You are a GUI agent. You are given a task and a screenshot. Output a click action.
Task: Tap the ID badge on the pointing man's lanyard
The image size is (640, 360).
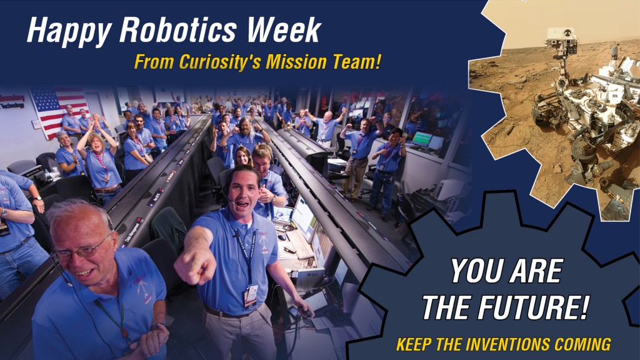coord(251,294)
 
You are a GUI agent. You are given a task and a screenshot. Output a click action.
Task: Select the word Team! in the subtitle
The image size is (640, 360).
coord(357,62)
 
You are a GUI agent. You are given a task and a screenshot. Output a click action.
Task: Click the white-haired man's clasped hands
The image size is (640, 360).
coord(149,341)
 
